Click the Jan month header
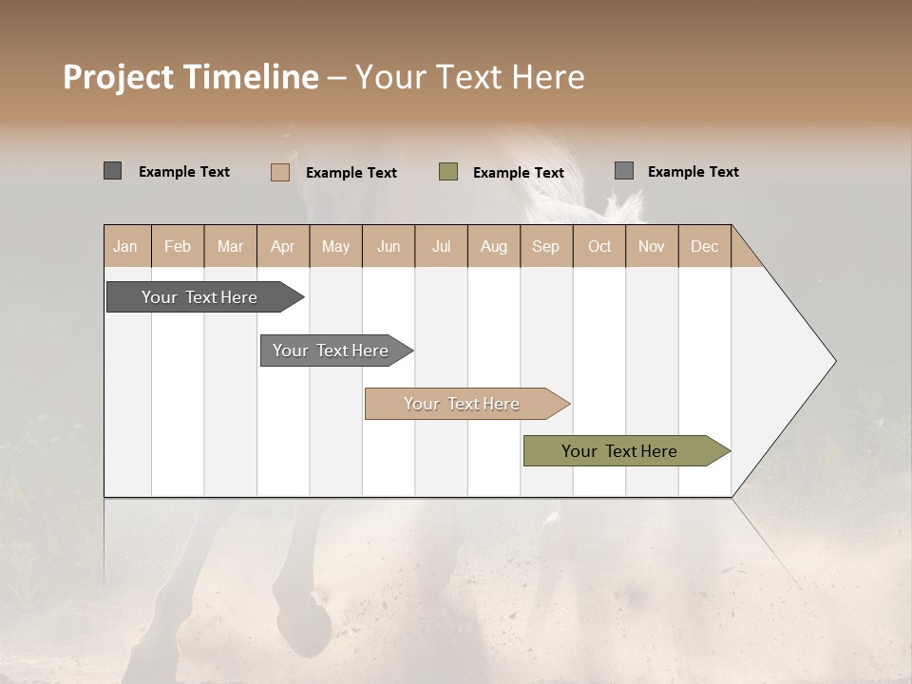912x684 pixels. (125, 246)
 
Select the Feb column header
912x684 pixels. (178, 246)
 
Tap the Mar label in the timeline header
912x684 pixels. (230, 246)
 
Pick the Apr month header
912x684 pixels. (282, 246)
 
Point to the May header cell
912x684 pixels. (335, 246)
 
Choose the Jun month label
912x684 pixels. (389, 246)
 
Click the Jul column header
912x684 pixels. (441, 246)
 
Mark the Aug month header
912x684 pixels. (493, 246)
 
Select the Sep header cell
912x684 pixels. (545, 246)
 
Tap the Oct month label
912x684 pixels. (599, 246)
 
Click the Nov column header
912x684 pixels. (651, 246)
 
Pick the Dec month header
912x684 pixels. (704, 246)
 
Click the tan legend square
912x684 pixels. (280, 172)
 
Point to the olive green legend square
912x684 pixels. (448, 172)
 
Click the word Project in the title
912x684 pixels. (119, 77)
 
